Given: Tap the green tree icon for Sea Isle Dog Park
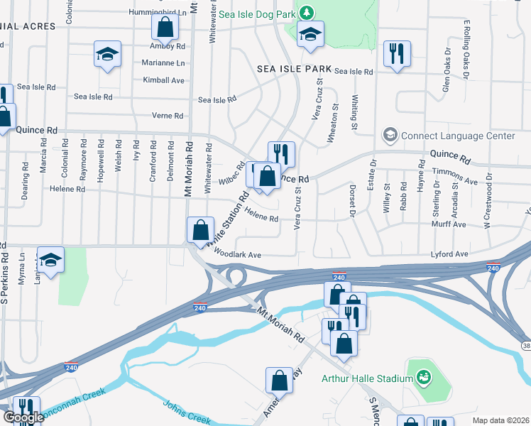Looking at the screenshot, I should coord(306,13).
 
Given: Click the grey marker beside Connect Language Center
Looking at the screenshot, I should coord(390,134).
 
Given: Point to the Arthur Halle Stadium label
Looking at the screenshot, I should coord(367,378).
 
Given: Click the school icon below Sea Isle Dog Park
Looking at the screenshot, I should coord(310,34).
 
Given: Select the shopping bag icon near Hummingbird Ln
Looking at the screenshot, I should coord(165,28).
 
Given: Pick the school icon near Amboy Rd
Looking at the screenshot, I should coord(107,54).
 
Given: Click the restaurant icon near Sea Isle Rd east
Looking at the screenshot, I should coord(397,53).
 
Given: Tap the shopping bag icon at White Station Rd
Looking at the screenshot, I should coord(200,229).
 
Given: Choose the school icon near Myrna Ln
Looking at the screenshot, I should coord(50,261).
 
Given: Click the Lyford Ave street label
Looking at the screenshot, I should coord(450,253).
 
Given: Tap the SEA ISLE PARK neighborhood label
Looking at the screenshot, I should coord(295,69).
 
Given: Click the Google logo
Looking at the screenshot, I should coord(24,418).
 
